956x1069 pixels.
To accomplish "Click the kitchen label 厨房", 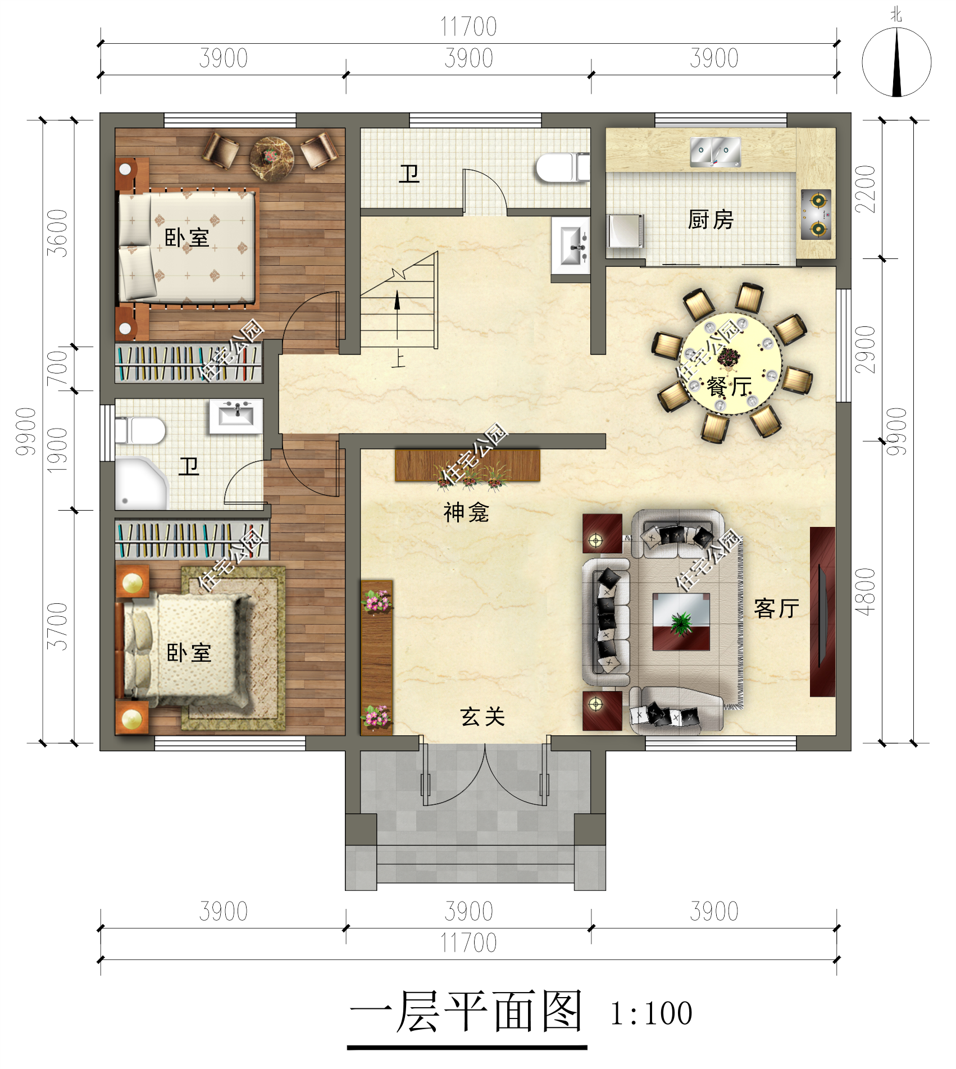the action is [x=711, y=219].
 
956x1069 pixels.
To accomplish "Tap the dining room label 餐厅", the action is [x=729, y=386].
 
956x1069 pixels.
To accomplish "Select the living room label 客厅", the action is [x=776, y=608].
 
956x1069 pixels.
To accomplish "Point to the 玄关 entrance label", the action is [x=482, y=717].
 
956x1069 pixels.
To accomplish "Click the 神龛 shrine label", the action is [x=466, y=512].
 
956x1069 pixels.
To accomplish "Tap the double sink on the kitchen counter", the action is [x=715, y=152].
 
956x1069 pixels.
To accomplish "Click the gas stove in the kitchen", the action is [x=816, y=215].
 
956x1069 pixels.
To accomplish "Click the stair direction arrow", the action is [x=397, y=315].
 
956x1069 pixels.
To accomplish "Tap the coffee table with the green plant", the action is [x=681, y=622].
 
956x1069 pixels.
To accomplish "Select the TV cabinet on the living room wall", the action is [x=822, y=612].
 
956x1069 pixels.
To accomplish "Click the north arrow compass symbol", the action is [x=896, y=62].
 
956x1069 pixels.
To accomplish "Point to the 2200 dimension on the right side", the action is [x=866, y=189].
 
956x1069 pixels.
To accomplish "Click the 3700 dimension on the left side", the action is [x=57, y=626].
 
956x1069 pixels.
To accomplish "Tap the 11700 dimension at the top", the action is [x=468, y=26].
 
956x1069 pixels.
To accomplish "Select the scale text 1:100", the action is [x=651, y=1013].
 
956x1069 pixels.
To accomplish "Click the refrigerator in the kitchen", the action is [x=625, y=230].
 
